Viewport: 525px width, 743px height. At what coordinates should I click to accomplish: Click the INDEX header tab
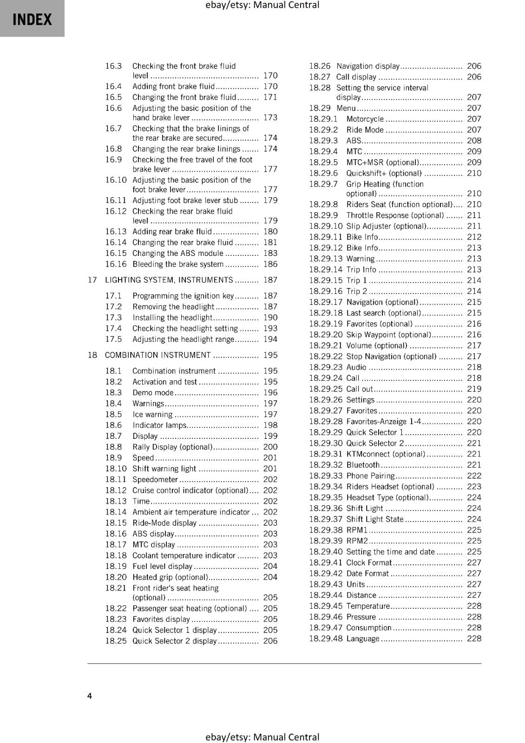[32, 20]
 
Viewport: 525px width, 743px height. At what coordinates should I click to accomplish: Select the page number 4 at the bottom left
[90, 696]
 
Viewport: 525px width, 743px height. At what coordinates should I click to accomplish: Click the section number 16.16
[116, 264]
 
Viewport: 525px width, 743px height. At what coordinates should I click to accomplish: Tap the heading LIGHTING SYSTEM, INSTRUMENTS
[169, 280]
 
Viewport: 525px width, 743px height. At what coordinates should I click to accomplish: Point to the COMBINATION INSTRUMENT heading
[157, 355]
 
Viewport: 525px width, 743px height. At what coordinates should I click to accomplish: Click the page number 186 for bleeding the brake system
[270, 264]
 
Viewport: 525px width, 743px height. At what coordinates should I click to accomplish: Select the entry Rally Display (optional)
[172, 447]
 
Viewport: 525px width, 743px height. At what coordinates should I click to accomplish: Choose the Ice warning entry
[152, 414]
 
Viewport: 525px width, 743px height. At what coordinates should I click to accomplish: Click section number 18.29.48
[326, 639]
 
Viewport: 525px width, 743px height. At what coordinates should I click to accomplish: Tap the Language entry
[363, 639]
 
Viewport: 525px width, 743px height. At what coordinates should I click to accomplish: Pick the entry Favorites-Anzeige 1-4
[383, 422]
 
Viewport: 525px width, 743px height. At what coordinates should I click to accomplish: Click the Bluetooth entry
[363, 465]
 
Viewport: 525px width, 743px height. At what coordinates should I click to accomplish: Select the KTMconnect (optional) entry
[386, 454]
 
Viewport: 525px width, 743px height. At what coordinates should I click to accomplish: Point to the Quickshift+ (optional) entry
[384, 173]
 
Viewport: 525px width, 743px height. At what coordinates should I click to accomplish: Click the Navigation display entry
[368, 66]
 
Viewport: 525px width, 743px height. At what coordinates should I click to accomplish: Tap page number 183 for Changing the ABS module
[270, 254]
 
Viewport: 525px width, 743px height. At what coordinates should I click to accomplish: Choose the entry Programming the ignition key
[183, 296]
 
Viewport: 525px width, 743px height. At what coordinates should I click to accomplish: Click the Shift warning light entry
[164, 469]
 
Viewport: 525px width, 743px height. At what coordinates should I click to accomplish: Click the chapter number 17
[92, 280]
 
